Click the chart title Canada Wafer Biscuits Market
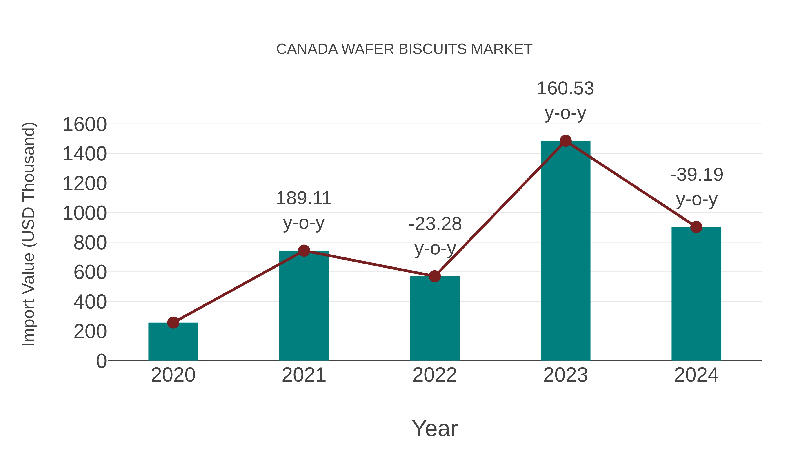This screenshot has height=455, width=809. point(404,49)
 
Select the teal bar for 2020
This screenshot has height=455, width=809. point(173,342)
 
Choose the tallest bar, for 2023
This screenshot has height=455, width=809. point(565,251)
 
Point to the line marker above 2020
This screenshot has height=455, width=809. point(173,322)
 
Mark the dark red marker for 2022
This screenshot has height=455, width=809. point(435,276)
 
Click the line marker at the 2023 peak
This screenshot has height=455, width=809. point(565,141)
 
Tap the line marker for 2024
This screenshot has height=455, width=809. point(696,227)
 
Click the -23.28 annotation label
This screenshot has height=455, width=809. point(435,224)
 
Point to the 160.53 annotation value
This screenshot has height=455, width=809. point(565,89)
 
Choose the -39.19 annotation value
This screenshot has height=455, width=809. point(697,175)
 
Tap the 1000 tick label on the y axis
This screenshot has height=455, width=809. point(84,213)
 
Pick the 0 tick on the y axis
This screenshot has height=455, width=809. point(101,361)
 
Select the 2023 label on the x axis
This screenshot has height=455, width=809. point(565,375)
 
